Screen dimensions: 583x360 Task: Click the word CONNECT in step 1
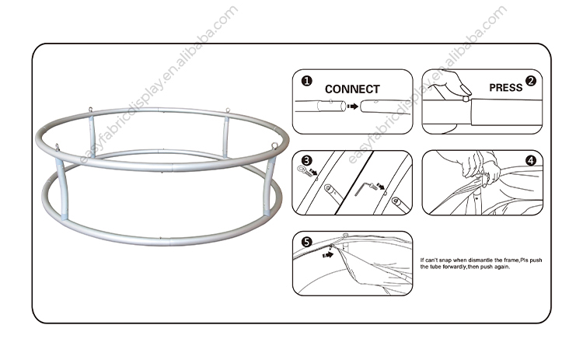coord(352,89)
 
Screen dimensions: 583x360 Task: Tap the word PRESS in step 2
coord(506,88)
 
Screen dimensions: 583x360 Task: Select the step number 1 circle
coord(307,81)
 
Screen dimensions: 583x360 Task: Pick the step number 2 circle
coord(531,81)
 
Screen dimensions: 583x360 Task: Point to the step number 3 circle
coord(306,161)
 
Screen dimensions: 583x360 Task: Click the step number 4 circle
coord(531,160)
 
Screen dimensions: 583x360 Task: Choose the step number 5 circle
coord(306,242)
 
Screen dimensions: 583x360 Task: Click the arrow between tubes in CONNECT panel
coord(352,107)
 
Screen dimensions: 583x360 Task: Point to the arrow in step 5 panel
coord(327,255)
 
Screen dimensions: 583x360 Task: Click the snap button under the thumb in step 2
coord(465,99)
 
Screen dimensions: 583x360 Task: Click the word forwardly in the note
coord(455,267)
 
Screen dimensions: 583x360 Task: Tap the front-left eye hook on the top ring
coord(57,147)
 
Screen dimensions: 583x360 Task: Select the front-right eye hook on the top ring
coord(274,145)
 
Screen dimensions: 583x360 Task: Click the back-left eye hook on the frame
coord(90,110)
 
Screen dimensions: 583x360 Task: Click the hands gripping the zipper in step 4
coord(480,167)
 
